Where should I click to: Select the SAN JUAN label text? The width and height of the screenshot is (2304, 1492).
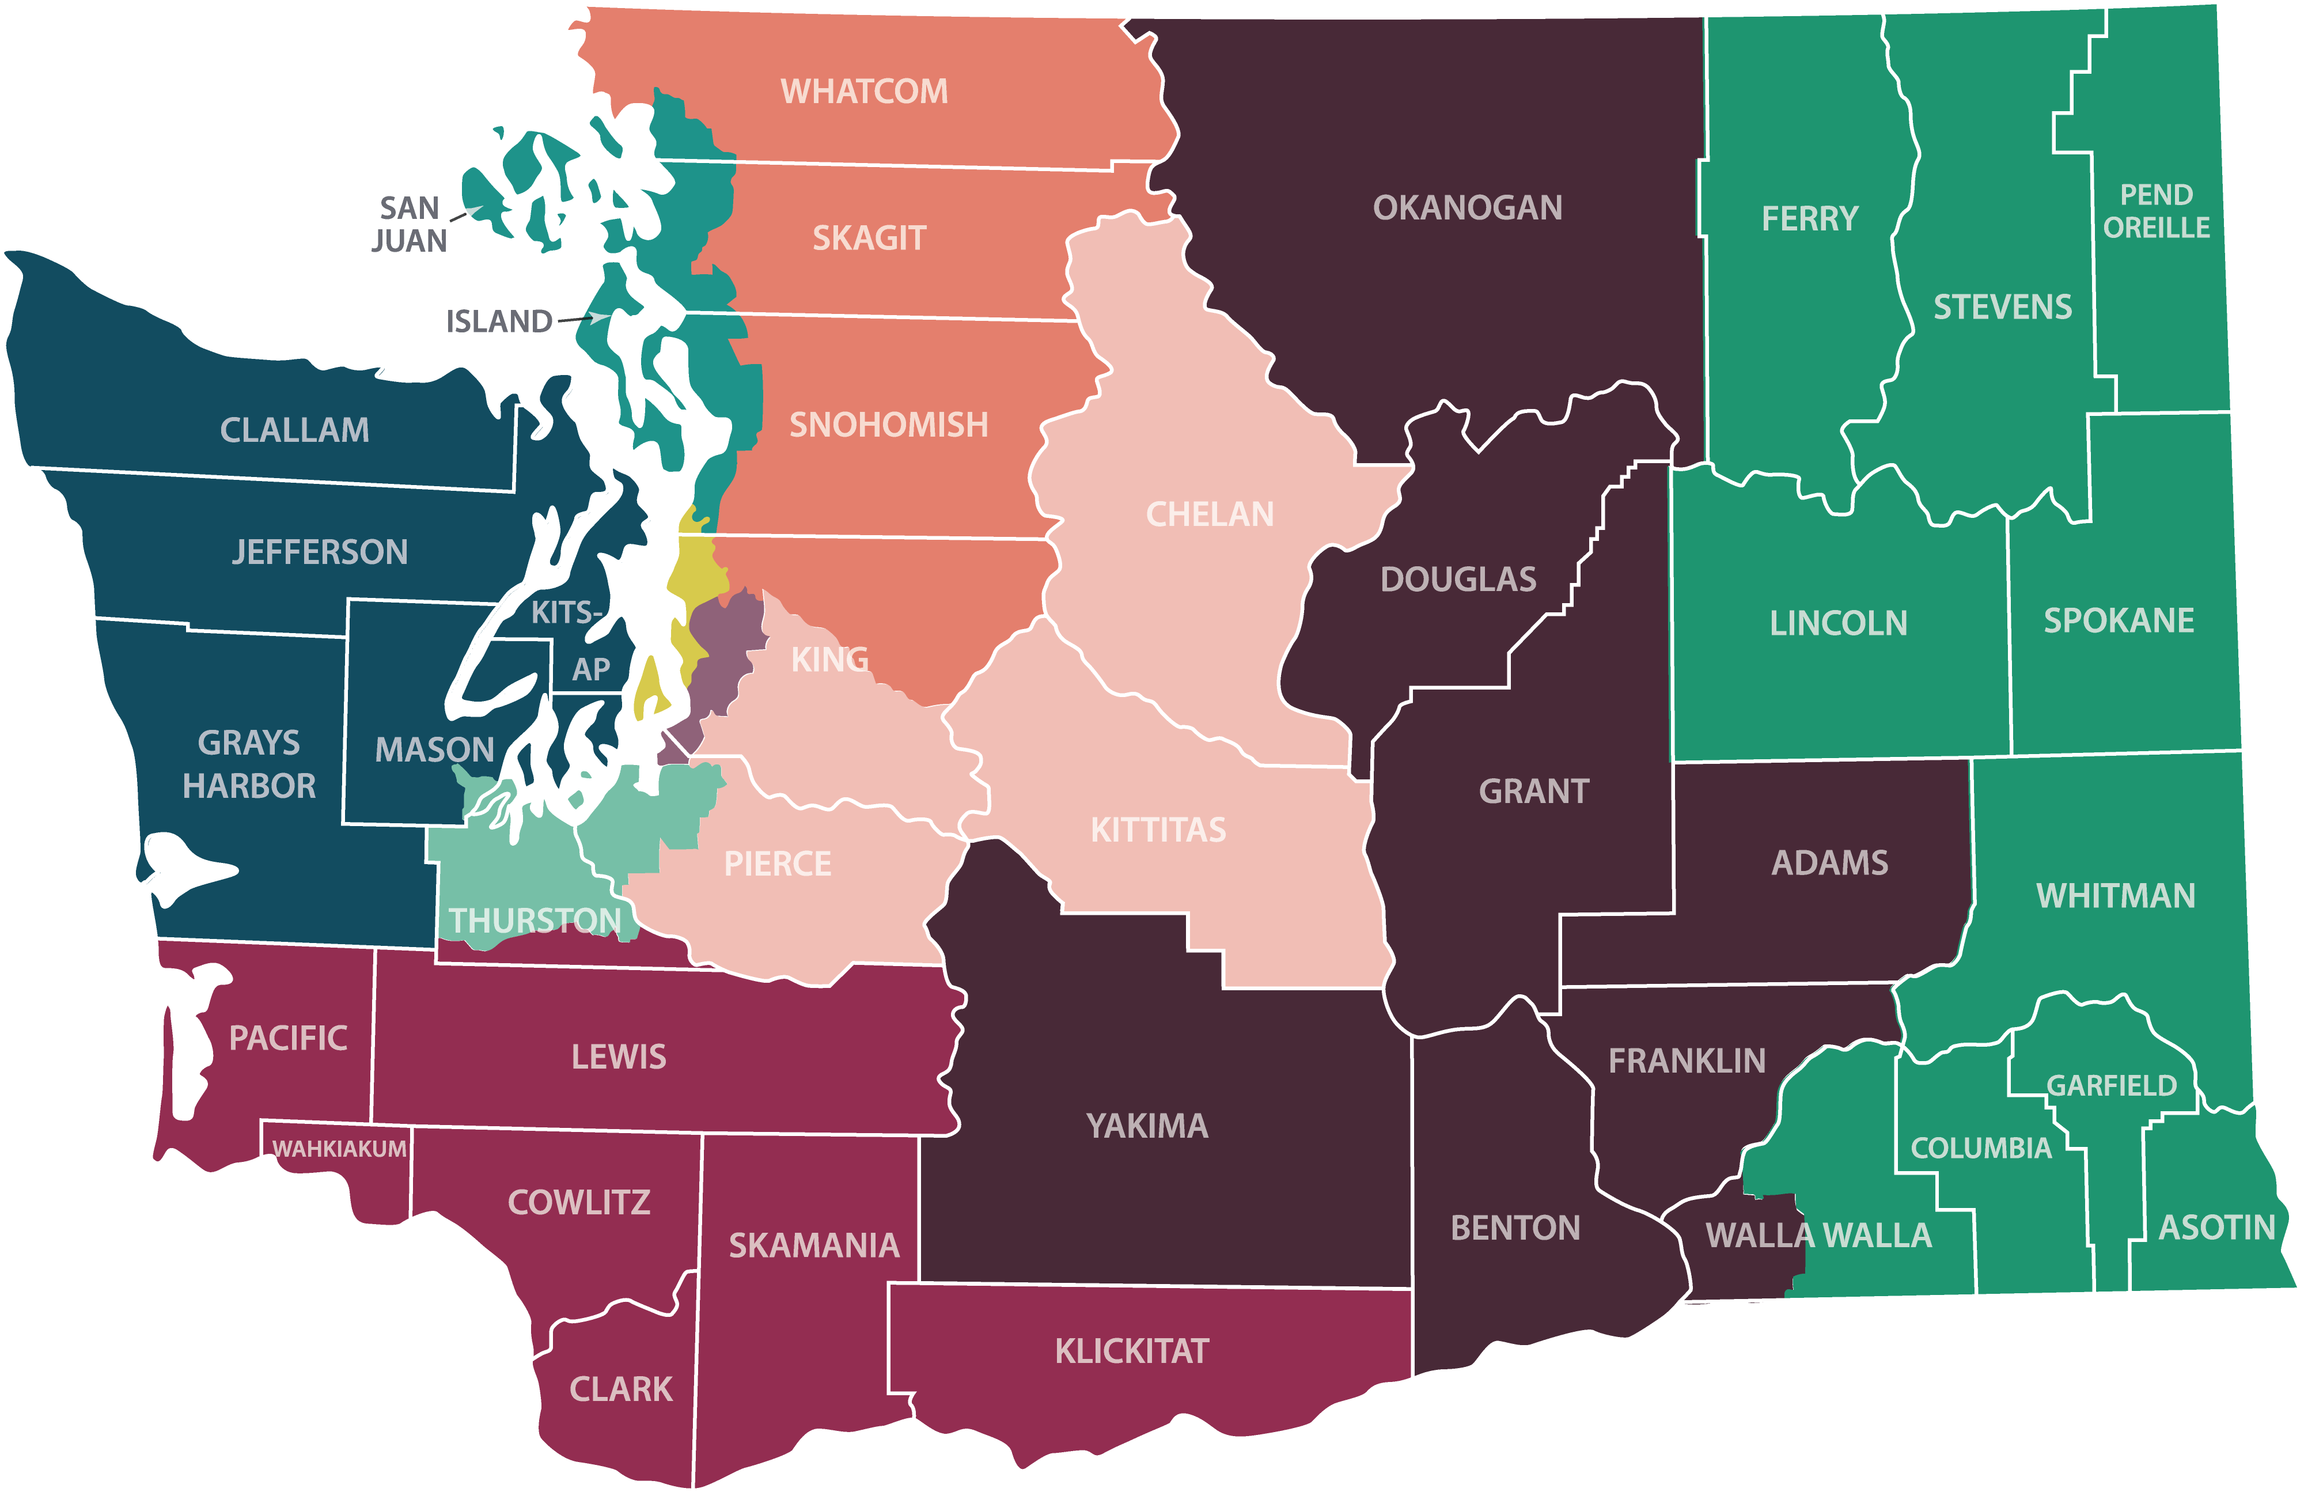point(410,224)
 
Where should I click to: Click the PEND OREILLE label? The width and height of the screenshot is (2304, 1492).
point(2156,211)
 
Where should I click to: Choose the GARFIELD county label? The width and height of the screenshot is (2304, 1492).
point(2112,1085)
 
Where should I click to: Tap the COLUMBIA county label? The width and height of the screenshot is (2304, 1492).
point(1981,1148)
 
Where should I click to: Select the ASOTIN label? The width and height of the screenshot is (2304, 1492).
point(2217,1228)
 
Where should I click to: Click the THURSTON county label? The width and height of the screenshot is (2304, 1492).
point(535,920)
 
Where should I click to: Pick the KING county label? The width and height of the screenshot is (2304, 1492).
point(829,660)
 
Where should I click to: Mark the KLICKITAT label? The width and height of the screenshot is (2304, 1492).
point(1132,1351)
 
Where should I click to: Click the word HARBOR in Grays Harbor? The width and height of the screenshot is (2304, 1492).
point(250,785)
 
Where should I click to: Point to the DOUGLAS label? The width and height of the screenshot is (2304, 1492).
point(1458,579)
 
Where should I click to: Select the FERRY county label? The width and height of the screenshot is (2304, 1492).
point(1809,219)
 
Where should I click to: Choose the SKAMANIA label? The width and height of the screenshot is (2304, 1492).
point(814,1245)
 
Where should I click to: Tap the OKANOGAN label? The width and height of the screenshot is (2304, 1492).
point(1468,207)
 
